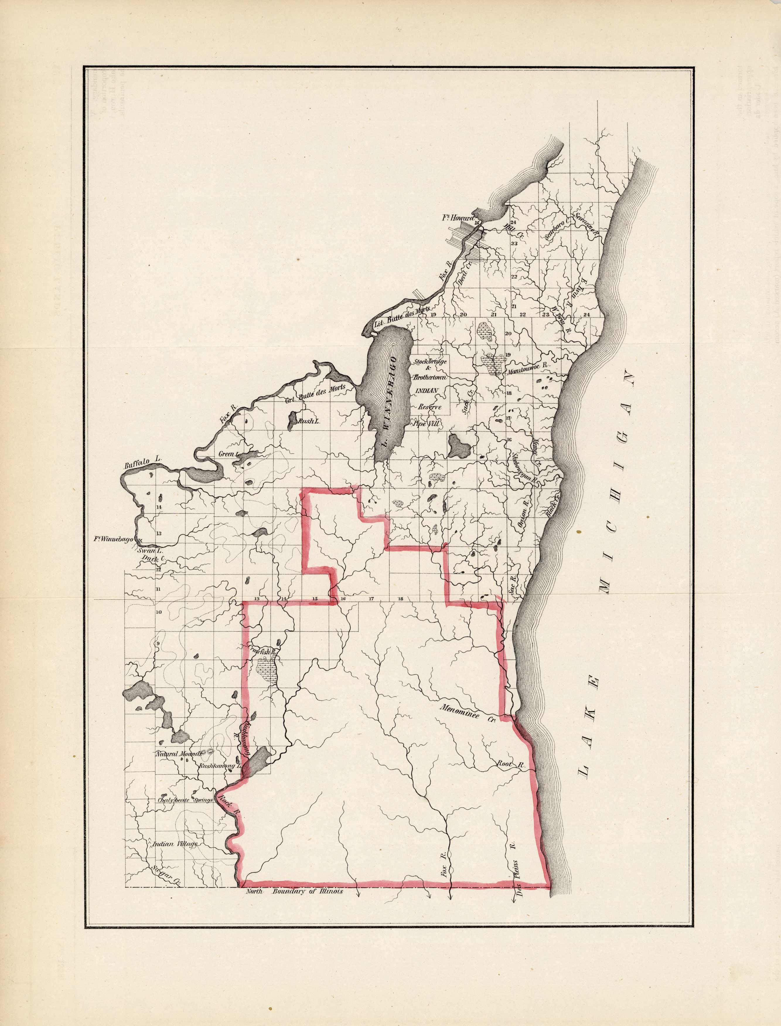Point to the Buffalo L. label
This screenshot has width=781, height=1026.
pos(142,464)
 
